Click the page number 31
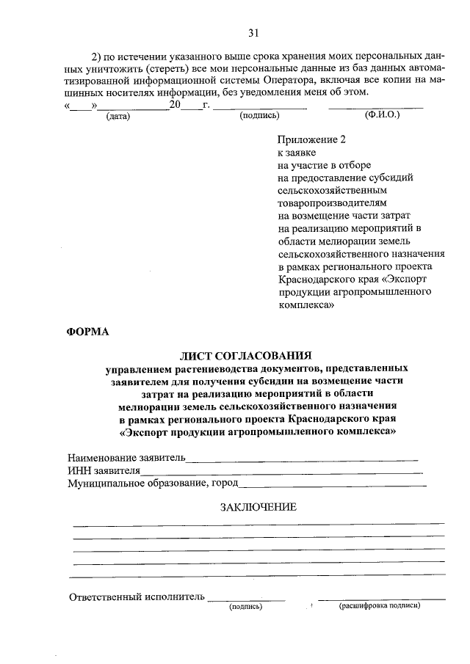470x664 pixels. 253,34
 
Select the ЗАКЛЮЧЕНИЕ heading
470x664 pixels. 258,506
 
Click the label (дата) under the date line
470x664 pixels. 117,116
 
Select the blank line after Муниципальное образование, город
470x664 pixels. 333,484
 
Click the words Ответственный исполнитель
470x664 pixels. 136,597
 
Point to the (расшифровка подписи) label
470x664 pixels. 379,608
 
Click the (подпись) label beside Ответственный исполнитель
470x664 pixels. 245,608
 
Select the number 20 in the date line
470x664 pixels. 174,105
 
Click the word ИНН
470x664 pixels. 79,471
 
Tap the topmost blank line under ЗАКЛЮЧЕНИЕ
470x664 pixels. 258,524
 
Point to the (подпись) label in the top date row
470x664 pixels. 260,116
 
